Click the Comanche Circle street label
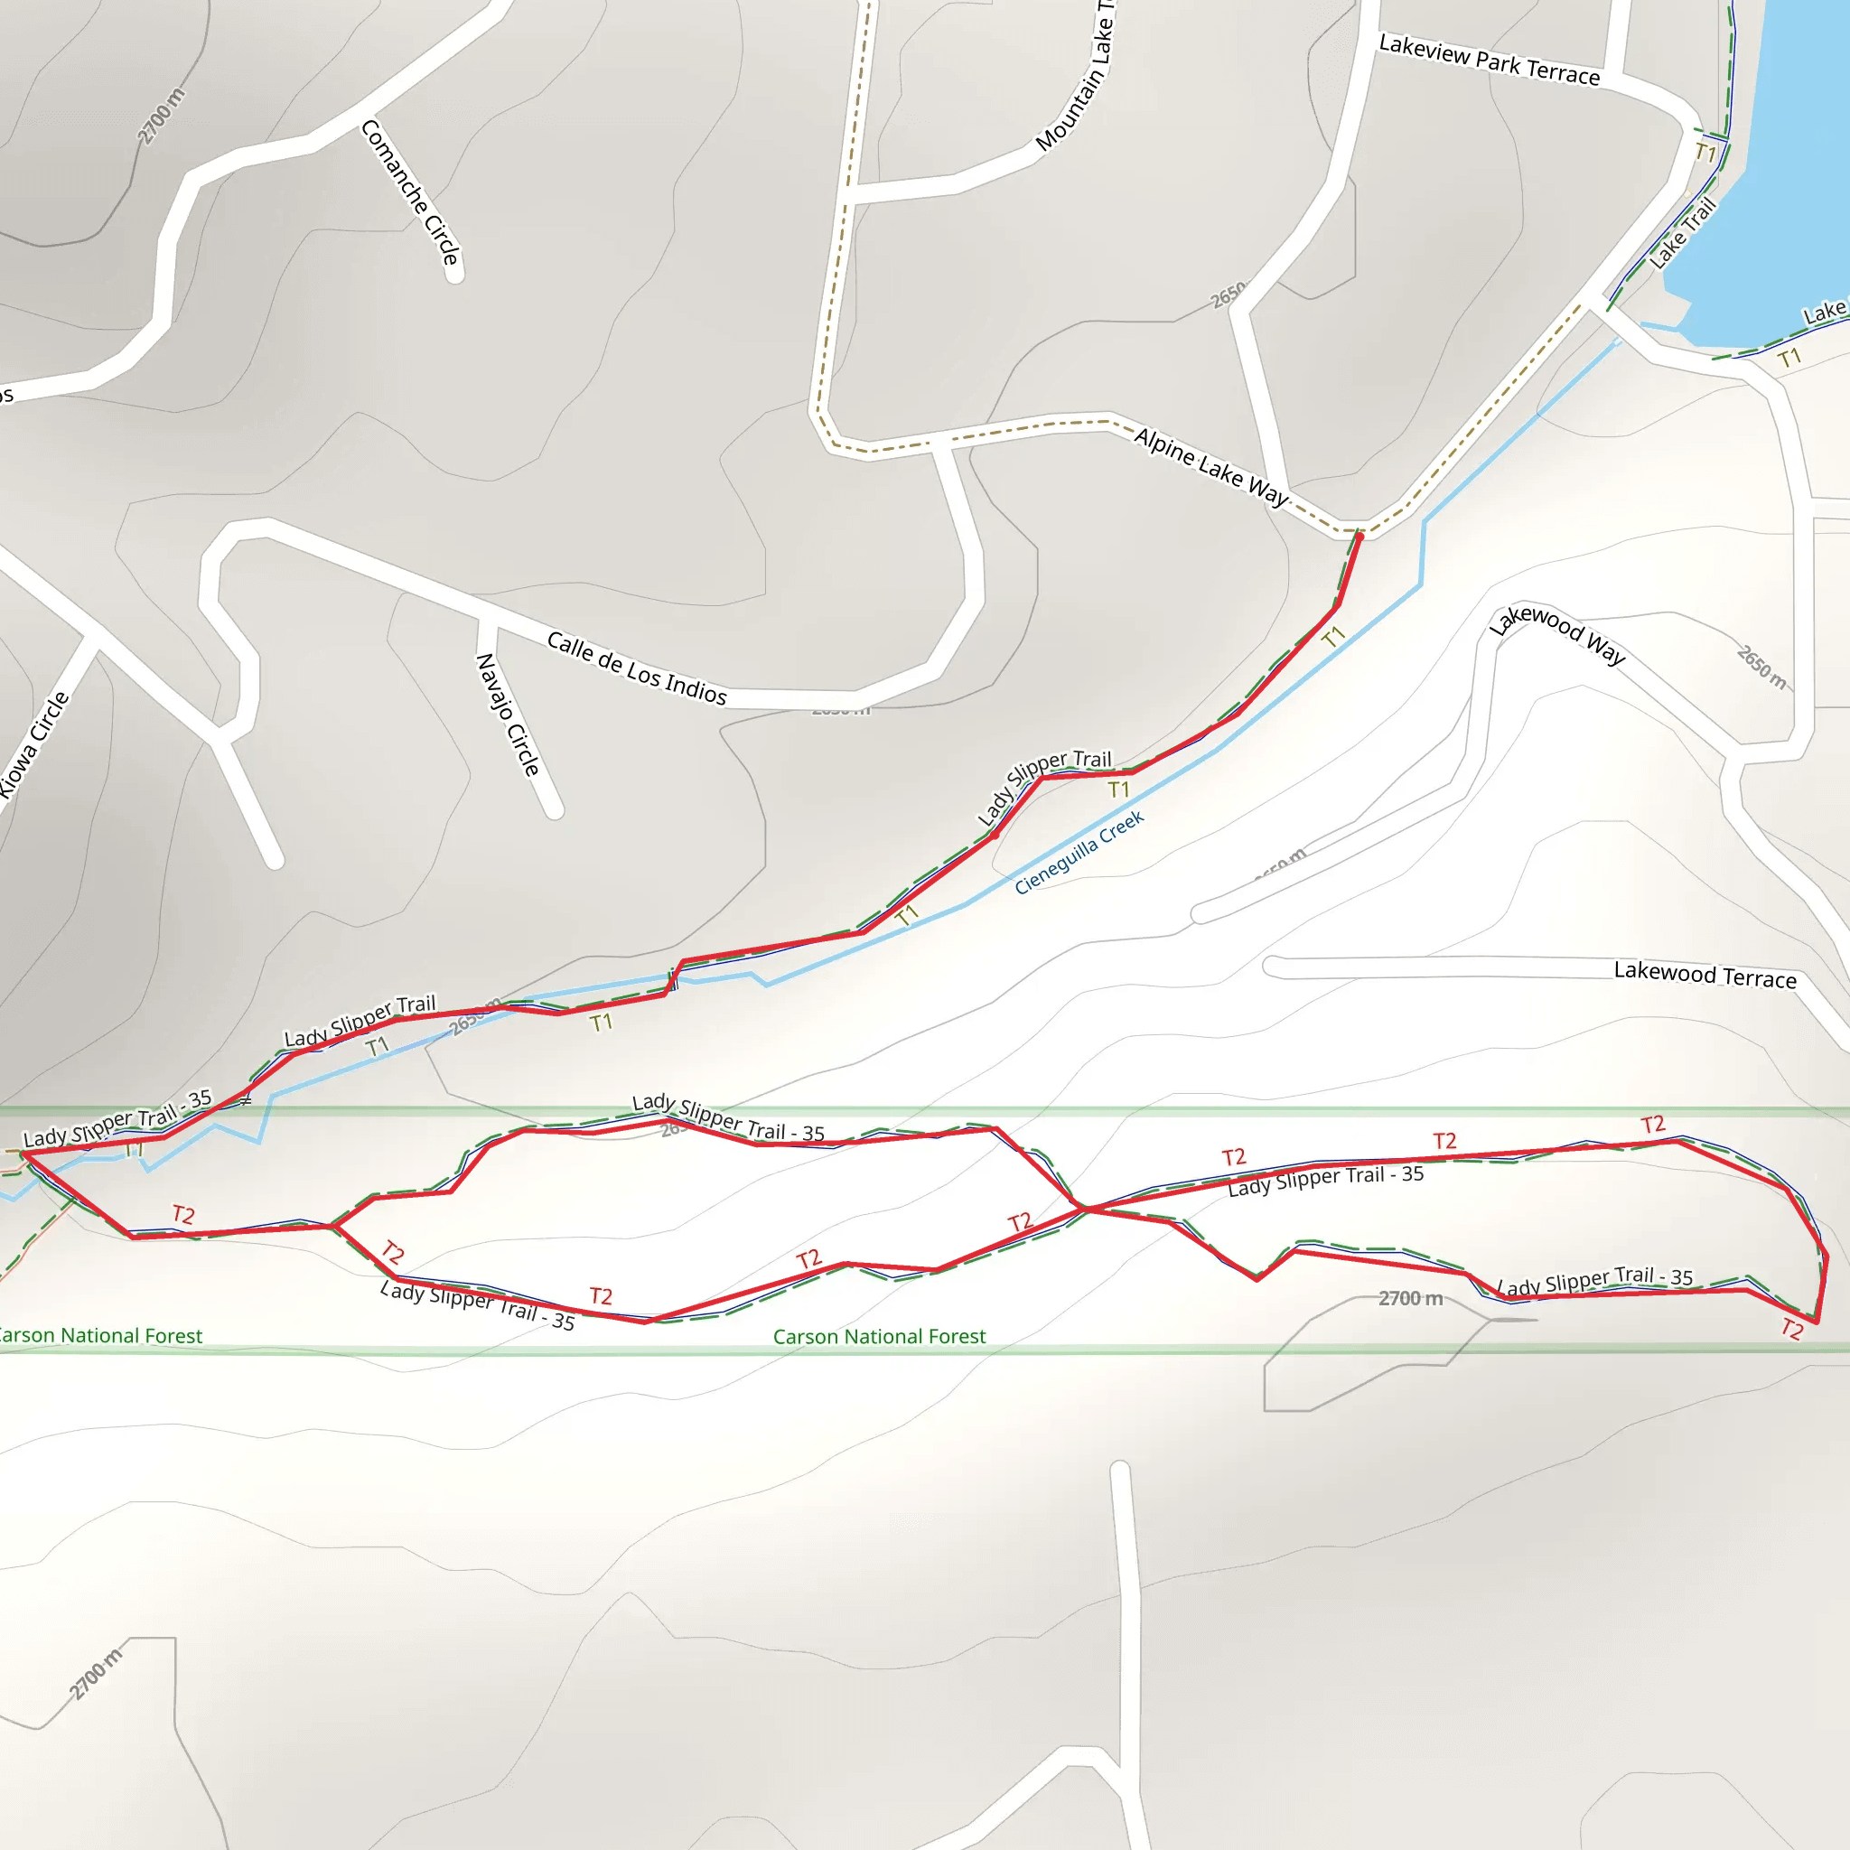[x=411, y=192]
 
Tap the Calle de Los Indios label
[x=637, y=668]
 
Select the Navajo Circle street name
[x=508, y=715]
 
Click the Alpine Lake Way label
[x=1211, y=466]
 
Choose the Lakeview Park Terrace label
[x=1489, y=60]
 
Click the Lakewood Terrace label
[x=1705, y=975]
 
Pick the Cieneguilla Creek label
[x=1079, y=852]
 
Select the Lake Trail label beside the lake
[x=1681, y=233]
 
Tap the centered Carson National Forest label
[x=879, y=1337]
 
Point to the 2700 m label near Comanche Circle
[x=161, y=116]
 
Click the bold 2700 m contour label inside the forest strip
[x=1410, y=1298]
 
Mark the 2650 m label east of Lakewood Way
[x=1761, y=667]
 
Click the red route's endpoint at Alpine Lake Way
[x=1359, y=537]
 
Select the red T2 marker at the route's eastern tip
[x=1791, y=1329]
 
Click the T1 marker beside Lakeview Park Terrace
[x=1705, y=153]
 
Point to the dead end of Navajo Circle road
[x=554, y=811]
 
